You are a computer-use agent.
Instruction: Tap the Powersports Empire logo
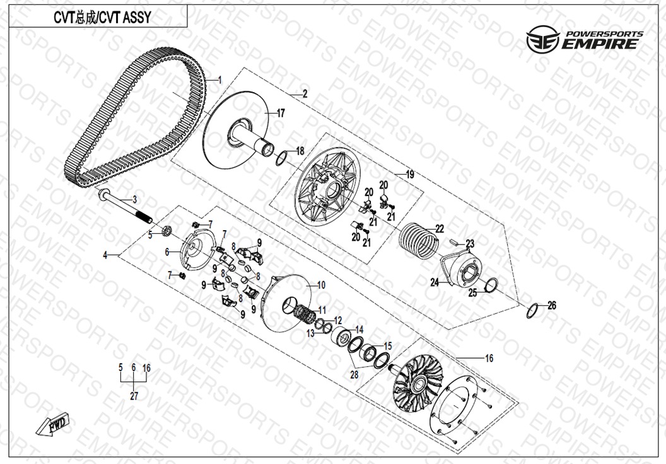pyautogui.click(x=585, y=40)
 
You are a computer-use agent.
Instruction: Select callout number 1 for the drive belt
pyautogui.click(x=219, y=81)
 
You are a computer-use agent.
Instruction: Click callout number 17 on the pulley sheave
pyautogui.click(x=281, y=113)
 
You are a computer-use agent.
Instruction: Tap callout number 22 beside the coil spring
pyautogui.click(x=440, y=229)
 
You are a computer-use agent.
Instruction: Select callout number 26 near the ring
pyautogui.click(x=552, y=306)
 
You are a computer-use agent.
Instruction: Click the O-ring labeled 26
pyautogui.click(x=532, y=310)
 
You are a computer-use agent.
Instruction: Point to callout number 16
pyautogui.click(x=489, y=358)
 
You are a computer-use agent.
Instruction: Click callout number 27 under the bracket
pyautogui.click(x=134, y=396)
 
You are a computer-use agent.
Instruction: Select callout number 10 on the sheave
pyautogui.click(x=321, y=286)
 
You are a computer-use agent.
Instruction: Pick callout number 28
pyautogui.click(x=354, y=374)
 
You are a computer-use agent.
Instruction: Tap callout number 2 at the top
pyautogui.click(x=305, y=94)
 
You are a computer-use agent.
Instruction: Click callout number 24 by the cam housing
pyautogui.click(x=435, y=283)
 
